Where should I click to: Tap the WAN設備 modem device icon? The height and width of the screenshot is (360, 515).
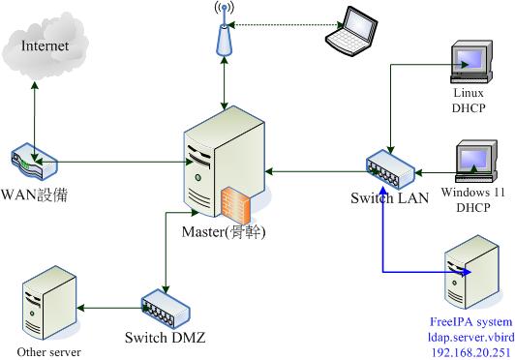[x=38, y=165]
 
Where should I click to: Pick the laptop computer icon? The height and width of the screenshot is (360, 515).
[x=350, y=29]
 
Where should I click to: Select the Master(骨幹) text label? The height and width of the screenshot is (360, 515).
[x=224, y=232]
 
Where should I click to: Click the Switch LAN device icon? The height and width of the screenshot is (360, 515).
[x=389, y=171]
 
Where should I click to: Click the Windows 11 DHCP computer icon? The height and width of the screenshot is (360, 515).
[x=473, y=160]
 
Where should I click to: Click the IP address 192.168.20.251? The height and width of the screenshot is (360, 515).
[x=470, y=352]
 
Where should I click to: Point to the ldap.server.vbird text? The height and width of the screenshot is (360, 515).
[x=470, y=336]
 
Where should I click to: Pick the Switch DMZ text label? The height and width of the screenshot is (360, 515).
[x=165, y=338]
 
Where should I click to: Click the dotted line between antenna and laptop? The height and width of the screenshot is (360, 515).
[x=281, y=24]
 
